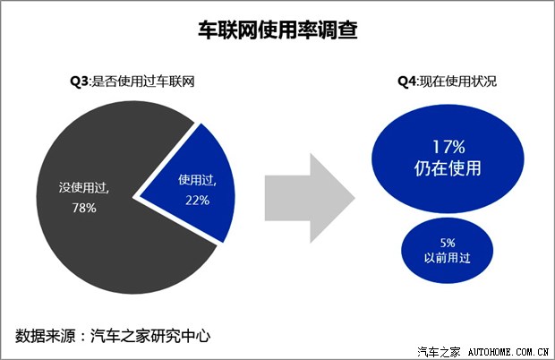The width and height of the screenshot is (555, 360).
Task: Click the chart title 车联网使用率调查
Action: [x=277, y=30]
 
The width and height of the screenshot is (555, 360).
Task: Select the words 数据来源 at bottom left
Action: [x=42, y=337]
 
